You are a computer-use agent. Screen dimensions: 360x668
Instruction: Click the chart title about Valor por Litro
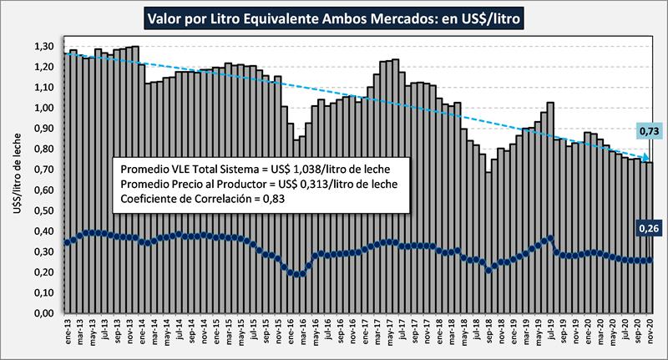click(x=334, y=16)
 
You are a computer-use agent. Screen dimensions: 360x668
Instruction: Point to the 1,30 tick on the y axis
click(x=42, y=46)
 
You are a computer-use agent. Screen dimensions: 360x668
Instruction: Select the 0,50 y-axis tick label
click(x=42, y=210)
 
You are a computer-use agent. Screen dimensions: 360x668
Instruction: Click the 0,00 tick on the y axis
click(x=42, y=313)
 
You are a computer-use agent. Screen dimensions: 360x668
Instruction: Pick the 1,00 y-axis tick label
click(x=42, y=108)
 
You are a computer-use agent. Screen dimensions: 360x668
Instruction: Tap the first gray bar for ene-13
click(x=67, y=183)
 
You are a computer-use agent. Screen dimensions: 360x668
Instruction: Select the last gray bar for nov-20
click(x=650, y=238)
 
